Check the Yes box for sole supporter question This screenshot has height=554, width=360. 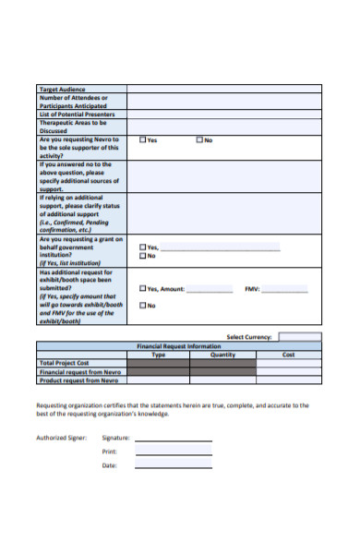tap(142, 140)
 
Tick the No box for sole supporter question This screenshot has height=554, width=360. tap(198, 140)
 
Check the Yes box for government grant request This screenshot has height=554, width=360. tap(142, 247)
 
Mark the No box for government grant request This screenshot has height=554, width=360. tap(142, 257)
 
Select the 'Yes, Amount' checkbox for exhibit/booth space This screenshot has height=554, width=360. tap(142, 289)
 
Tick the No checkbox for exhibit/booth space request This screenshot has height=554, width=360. tap(142, 305)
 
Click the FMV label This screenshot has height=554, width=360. tap(251, 289)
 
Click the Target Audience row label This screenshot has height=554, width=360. tap(61, 89)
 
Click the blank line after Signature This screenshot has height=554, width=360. tap(174, 440)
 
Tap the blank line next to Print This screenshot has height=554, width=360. tap(174, 453)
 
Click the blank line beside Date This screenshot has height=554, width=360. tap(174, 467)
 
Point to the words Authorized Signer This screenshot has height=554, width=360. tap(58, 438)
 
